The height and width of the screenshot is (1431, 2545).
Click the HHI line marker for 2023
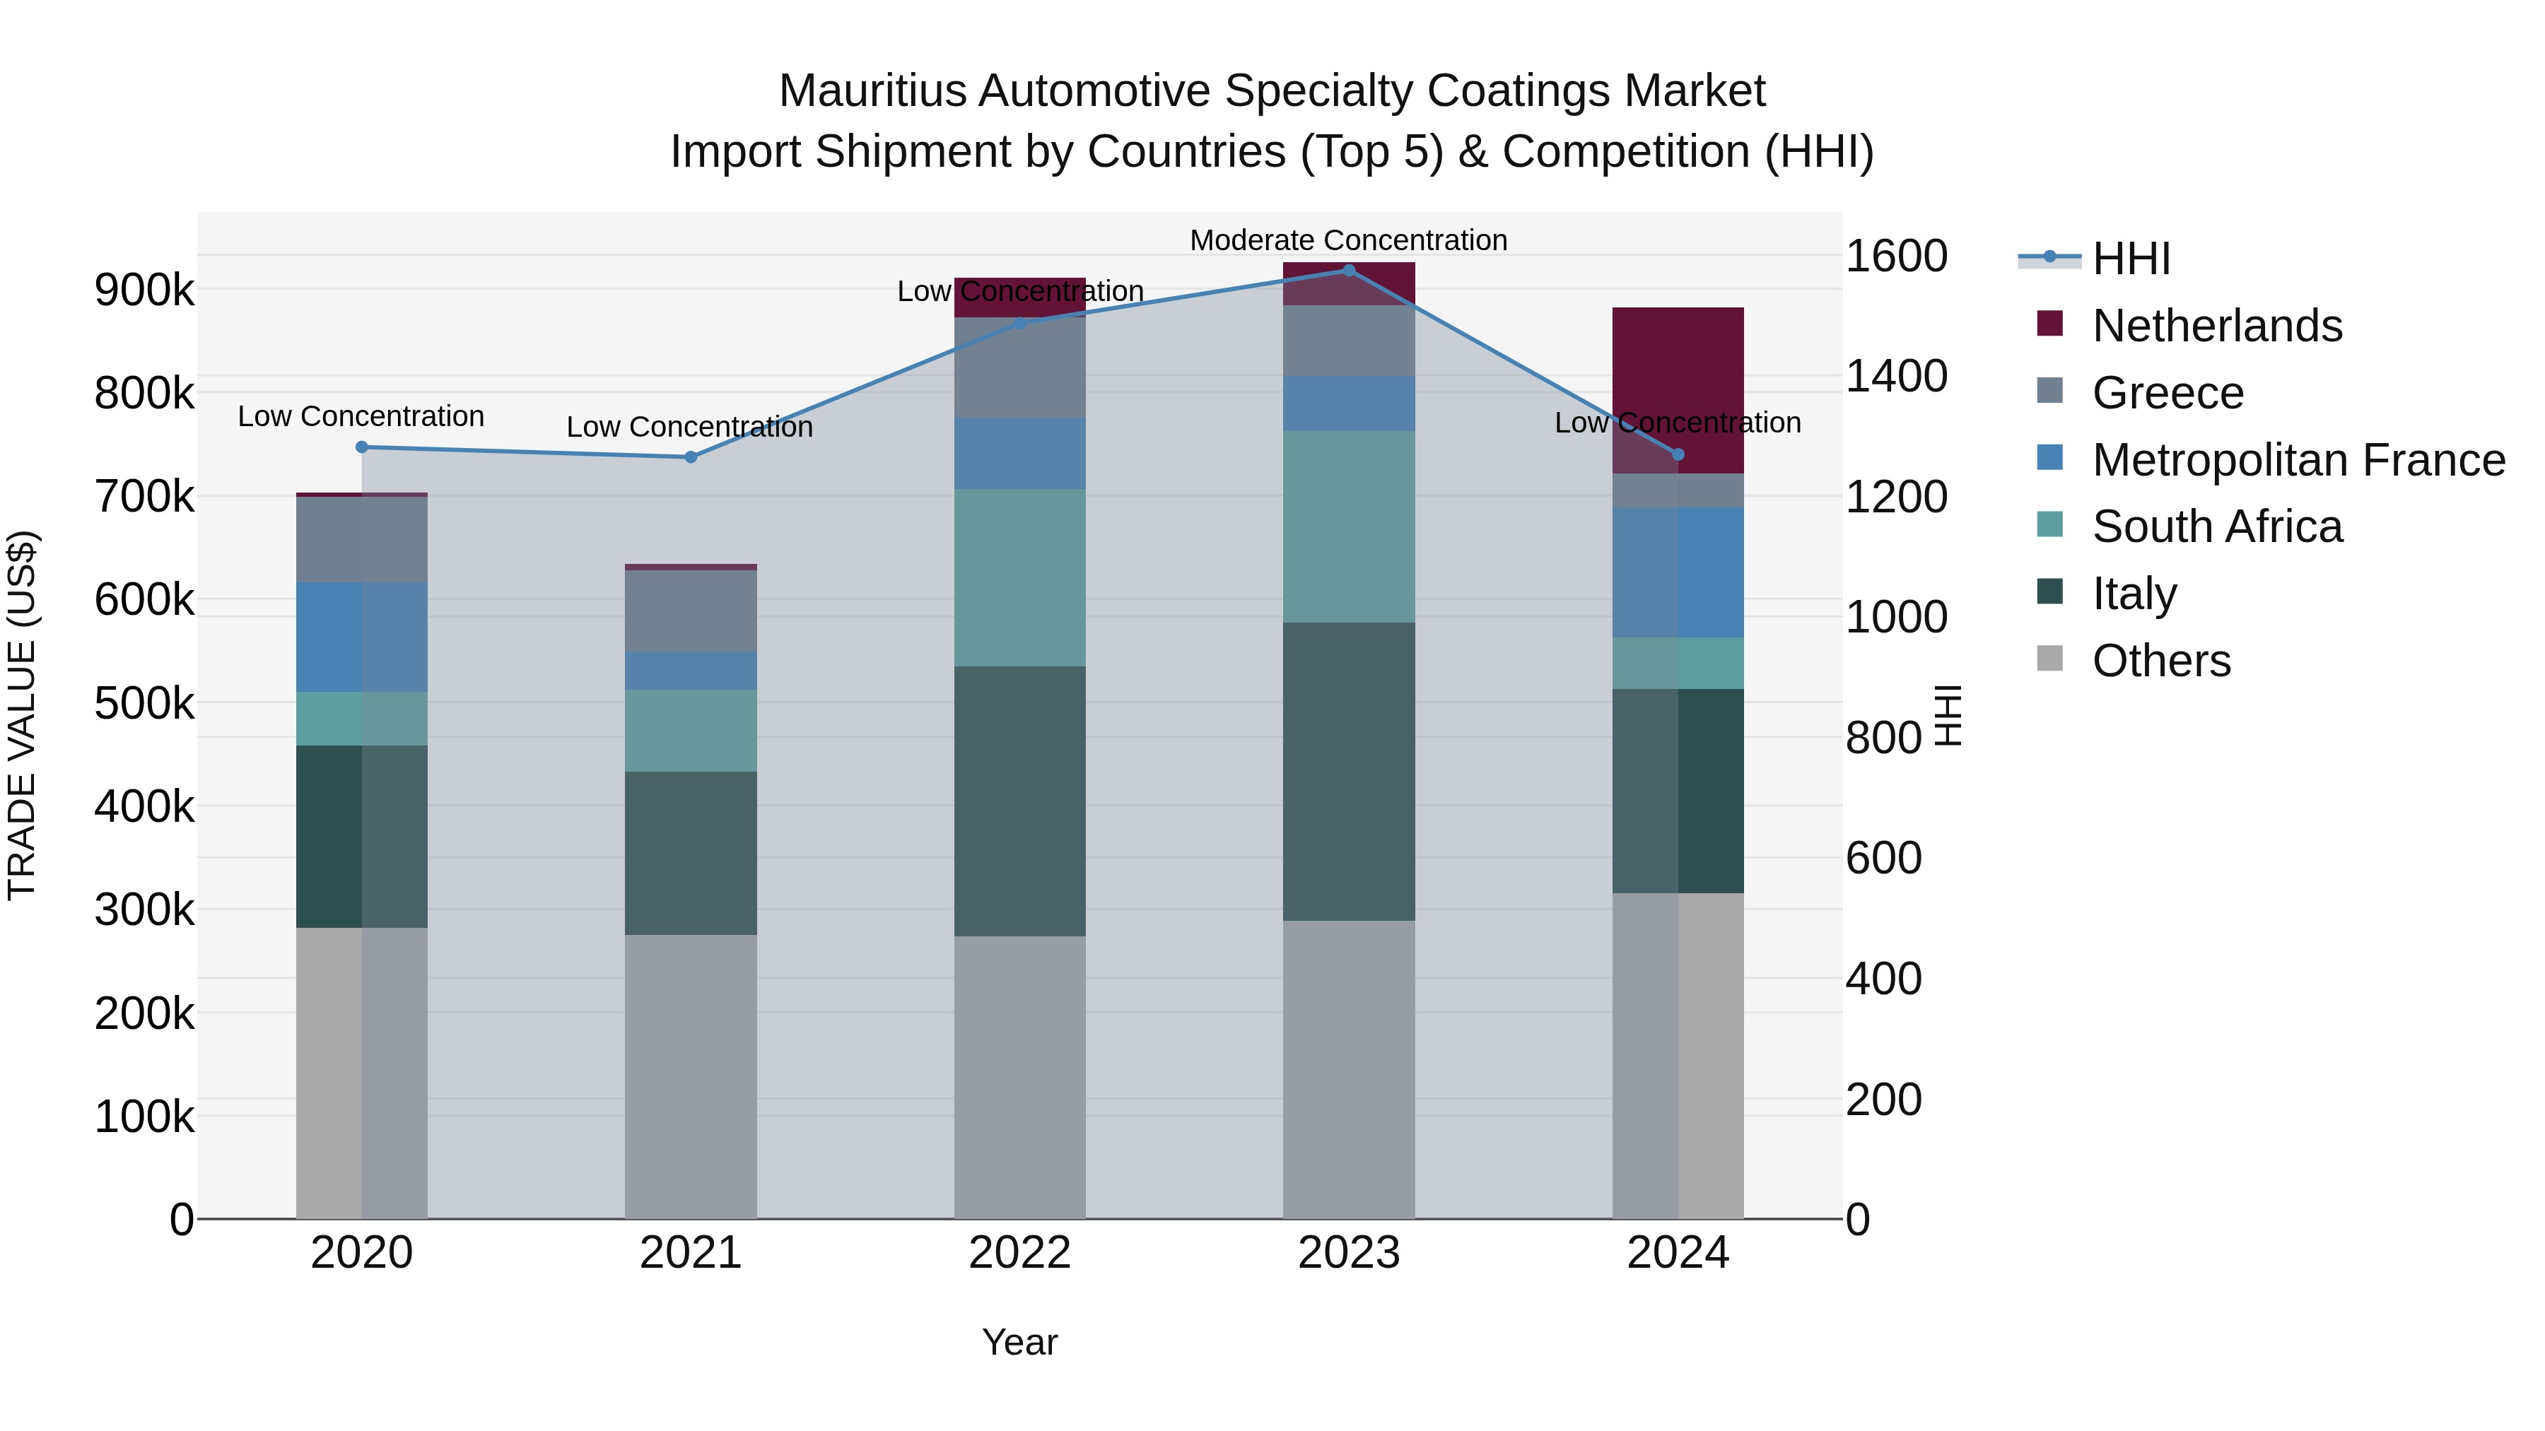point(1349,270)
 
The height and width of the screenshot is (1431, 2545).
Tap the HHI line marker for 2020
point(361,447)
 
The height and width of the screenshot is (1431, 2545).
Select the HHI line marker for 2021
point(691,457)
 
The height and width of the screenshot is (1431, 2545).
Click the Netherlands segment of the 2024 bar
point(1678,390)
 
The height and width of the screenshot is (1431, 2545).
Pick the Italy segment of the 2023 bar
point(1349,771)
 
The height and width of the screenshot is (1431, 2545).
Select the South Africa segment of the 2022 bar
point(1019,578)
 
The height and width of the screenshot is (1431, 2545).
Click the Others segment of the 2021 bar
point(691,1076)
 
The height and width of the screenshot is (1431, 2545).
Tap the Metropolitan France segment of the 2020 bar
point(361,637)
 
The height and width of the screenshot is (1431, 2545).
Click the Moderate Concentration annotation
point(1349,240)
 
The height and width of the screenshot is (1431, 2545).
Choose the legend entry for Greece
point(2167,393)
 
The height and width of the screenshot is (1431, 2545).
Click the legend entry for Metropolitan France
point(2298,460)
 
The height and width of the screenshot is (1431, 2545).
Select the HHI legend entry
point(2131,259)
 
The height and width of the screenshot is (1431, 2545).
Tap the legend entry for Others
point(2160,661)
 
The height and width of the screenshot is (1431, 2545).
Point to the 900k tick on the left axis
point(144,290)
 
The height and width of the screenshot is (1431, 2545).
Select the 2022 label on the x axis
point(1019,1253)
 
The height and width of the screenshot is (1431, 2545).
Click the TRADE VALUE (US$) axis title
point(22,715)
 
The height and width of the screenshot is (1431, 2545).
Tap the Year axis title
point(1019,1342)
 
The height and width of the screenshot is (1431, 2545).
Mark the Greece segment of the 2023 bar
point(1349,341)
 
